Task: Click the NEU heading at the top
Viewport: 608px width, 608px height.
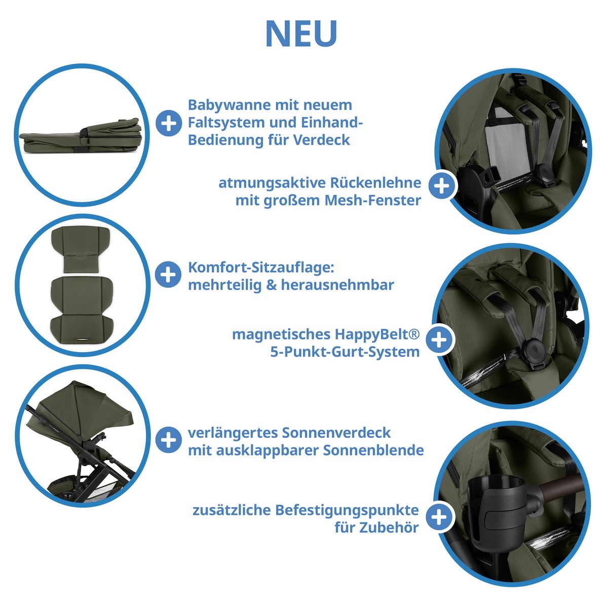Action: point(301,34)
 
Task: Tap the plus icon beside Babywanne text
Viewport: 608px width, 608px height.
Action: point(169,123)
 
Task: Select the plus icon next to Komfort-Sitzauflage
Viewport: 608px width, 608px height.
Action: point(168,274)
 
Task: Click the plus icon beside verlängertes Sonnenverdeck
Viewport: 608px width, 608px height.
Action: point(169,440)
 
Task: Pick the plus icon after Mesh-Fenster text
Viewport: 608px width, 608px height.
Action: point(442,186)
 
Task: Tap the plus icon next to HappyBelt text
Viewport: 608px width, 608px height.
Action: point(439,340)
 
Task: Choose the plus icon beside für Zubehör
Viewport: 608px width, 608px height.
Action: point(439,517)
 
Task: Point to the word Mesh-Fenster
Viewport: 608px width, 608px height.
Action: point(373,200)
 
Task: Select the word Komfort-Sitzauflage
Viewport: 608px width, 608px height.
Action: point(261,268)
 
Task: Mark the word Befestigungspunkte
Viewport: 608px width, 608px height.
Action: point(347,511)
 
